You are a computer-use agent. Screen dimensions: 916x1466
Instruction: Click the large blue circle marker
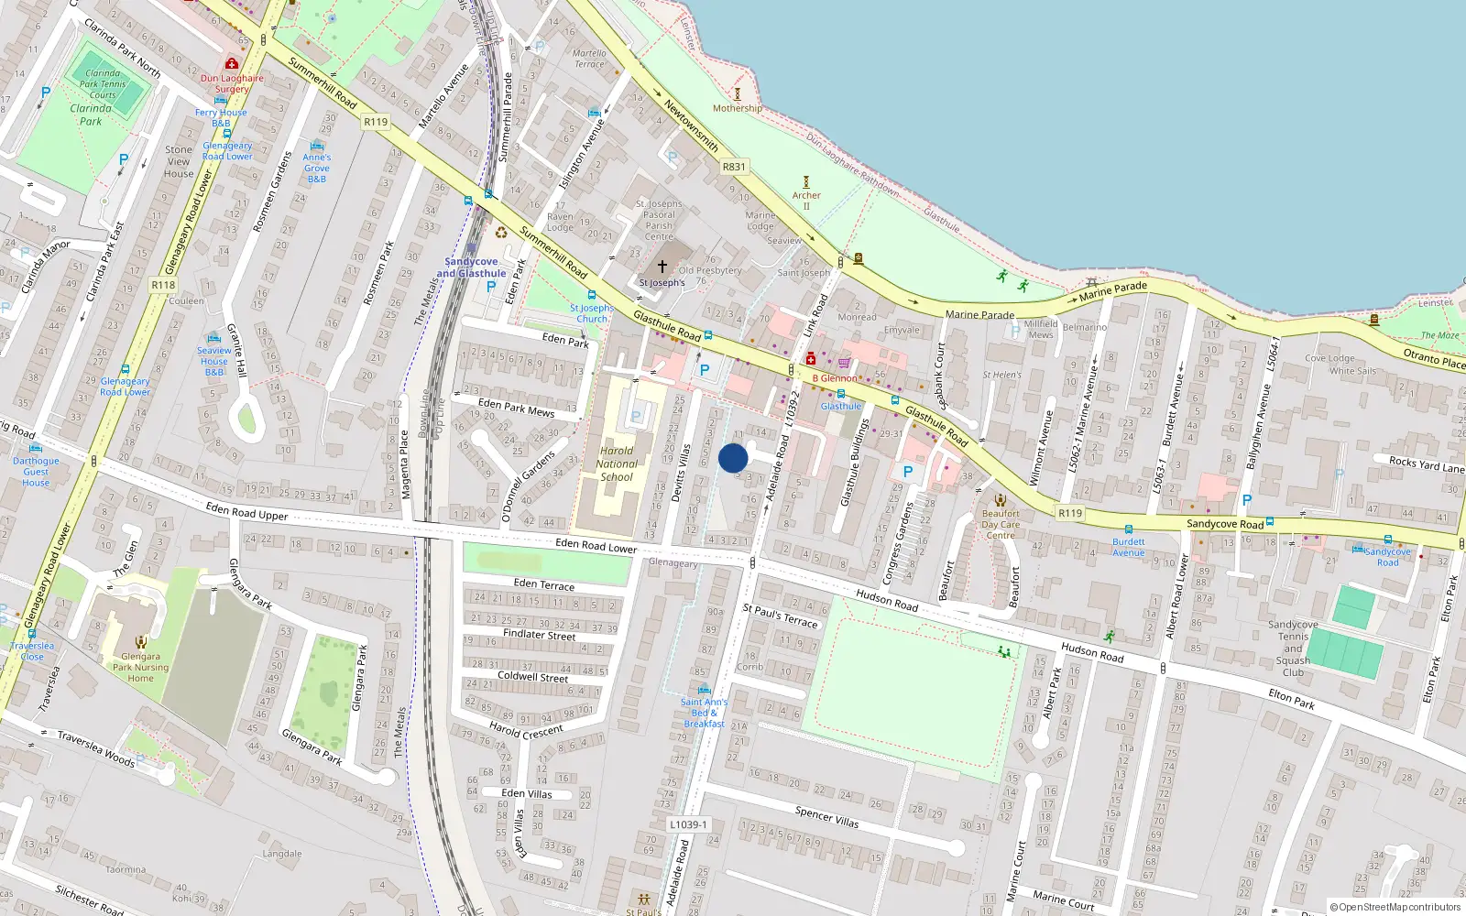pos(733,458)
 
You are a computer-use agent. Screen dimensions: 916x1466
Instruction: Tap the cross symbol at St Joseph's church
pos(662,267)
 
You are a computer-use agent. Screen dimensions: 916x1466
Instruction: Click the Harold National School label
pos(617,463)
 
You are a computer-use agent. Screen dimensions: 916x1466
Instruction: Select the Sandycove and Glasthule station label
pos(471,267)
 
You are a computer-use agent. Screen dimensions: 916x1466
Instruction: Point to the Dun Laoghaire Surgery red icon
pos(232,64)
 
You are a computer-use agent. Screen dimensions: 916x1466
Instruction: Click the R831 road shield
pos(734,167)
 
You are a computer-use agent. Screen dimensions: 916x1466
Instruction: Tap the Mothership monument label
pos(737,108)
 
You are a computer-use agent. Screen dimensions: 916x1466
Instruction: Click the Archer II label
pos(806,200)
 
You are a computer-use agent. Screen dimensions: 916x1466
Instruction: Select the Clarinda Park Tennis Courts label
pos(103,84)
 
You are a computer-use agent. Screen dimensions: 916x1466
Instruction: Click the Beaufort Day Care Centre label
pos(1000,525)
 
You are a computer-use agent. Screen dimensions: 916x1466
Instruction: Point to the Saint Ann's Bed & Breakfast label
pos(704,713)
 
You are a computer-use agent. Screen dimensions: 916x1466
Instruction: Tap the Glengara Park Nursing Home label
pos(140,667)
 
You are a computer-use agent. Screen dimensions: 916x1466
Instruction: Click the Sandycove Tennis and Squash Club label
pos(1293,649)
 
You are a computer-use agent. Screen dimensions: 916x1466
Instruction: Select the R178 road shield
pos(163,285)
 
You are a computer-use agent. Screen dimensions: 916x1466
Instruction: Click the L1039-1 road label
pos(688,824)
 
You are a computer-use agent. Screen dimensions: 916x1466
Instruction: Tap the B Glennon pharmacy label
pos(836,377)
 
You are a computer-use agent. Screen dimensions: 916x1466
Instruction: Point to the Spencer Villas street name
pos(826,816)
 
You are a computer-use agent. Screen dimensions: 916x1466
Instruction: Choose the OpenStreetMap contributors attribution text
pos(1395,907)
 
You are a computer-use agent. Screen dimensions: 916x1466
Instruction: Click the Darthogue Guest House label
pos(36,472)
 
